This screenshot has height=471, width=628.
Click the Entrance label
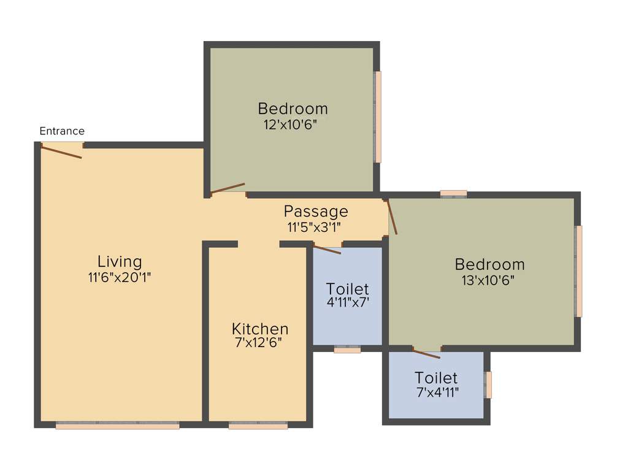(x=62, y=131)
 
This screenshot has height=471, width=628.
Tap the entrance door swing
(x=61, y=151)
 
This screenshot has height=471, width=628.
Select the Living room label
(x=120, y=262)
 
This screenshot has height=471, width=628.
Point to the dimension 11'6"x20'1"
(x=120, y=277)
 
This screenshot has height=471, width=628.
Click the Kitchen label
(x=260, y=329)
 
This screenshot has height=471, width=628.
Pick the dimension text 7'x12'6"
(x=258, y=343)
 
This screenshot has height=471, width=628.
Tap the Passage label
(x=316, y=212)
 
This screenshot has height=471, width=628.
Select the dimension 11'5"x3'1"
(x=314, y=227)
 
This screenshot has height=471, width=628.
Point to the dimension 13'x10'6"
(x=488, y=280)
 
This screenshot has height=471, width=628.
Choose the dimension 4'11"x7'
(x=348, y=302)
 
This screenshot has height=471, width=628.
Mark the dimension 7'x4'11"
(x=437, y=391)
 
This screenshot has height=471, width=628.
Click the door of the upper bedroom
(x=228, y=188)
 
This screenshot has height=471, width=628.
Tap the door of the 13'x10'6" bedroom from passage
(x=391, y=216)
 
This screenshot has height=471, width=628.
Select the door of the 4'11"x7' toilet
(x=327, y=249)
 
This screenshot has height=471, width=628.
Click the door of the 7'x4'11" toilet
(x=427, y=353)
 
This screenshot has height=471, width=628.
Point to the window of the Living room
(x=117, y=425)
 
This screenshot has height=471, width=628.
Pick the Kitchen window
(x=258, y=425)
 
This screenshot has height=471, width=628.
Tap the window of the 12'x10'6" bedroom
(x=378, y=117)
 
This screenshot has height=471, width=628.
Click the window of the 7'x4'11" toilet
(x=489, y=385)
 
